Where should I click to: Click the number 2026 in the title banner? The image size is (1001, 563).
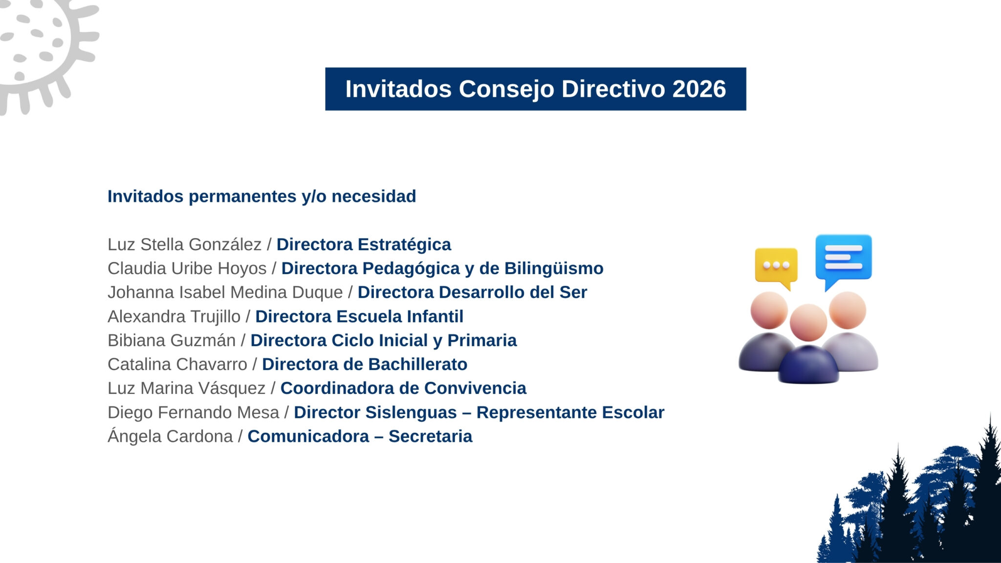click(699, 89)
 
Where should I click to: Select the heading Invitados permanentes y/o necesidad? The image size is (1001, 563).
click(262, 196)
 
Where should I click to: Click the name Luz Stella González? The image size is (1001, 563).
click(185, 244)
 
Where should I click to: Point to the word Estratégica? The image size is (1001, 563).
click(404, 244)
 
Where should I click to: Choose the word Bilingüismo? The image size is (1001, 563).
click(554, 268)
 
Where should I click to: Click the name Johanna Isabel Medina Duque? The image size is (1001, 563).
click(225, 292)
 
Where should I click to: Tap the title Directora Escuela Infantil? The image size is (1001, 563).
click(359, 316)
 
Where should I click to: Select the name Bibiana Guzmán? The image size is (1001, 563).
click(172, 340)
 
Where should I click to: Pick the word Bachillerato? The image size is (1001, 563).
click(417, 364)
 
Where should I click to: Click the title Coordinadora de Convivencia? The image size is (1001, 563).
click(403, 388)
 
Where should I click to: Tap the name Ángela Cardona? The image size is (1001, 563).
click(170, 435)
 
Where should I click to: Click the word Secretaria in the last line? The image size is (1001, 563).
click(431, 436)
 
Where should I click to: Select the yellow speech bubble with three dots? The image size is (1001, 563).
click(776, 266)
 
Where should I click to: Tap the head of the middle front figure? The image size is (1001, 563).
click(808, 323)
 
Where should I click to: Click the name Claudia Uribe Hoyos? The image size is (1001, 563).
click(187, 268)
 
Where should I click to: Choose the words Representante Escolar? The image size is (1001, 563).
click(570, 412)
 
